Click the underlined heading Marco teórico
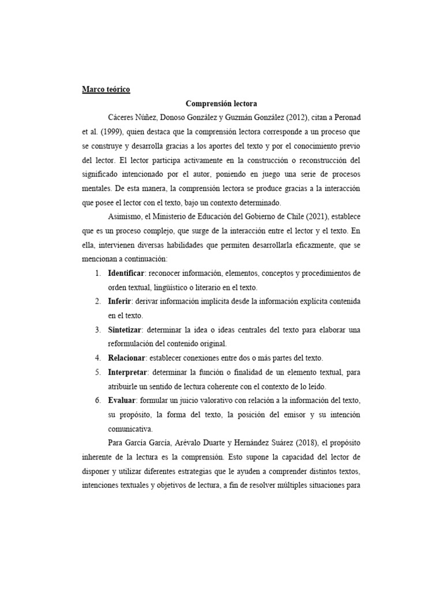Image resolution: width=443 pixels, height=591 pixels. click(106, 89)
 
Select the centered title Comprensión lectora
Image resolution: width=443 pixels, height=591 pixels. click(221, 104)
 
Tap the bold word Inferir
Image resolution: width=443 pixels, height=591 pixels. click(120, 301)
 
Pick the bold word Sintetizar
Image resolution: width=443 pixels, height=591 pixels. click(125, 330)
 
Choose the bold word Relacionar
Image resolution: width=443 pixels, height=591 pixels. click(126, 358)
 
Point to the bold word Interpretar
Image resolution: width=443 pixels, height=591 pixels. click(128, 372)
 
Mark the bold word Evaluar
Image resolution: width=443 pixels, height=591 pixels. click(121, 401)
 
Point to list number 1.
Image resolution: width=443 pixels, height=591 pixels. click(97, 272)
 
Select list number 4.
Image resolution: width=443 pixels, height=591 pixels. click(97, 358)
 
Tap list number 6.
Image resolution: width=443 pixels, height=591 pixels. click(97, 401)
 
